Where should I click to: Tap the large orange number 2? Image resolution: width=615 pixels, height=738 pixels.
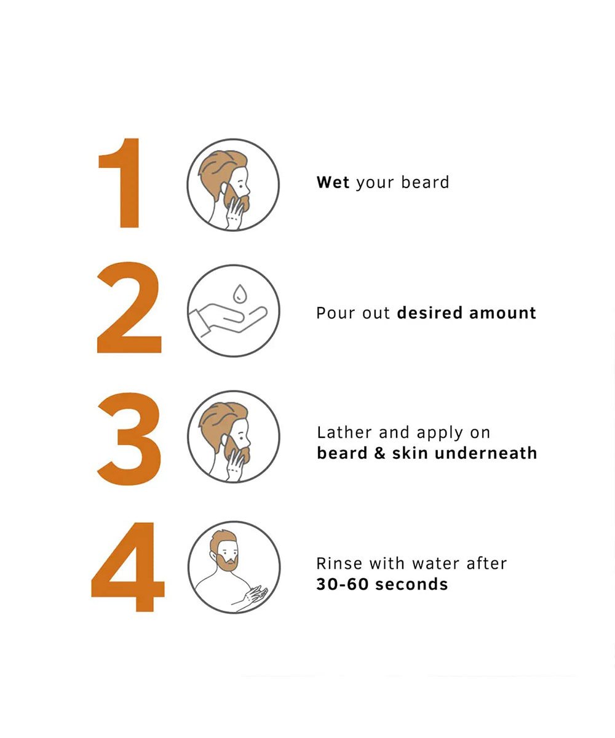tap(129, 307)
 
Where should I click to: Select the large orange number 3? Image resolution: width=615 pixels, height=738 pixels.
tap(129, 438)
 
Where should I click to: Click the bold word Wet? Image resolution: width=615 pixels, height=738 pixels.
tap(333, 183)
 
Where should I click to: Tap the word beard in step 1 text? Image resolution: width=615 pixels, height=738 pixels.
tap(425, 183)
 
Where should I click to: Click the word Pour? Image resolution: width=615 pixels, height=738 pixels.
tap(335, 313)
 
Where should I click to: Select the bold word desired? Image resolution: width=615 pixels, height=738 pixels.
tap(429, 313)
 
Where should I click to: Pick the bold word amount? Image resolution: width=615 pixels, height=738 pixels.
tap(502, 313)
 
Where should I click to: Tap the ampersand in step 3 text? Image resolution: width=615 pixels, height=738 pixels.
tap(379, 453)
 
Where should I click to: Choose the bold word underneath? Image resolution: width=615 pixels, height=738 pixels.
tap(486, 453)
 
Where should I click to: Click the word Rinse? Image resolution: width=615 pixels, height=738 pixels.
tap(339, 563)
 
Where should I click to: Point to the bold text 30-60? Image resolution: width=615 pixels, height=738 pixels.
tap(342, 584)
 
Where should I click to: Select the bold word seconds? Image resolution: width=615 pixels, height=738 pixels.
tap(412, 584)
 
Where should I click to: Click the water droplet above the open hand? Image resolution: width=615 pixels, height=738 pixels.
tap(239, 294)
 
